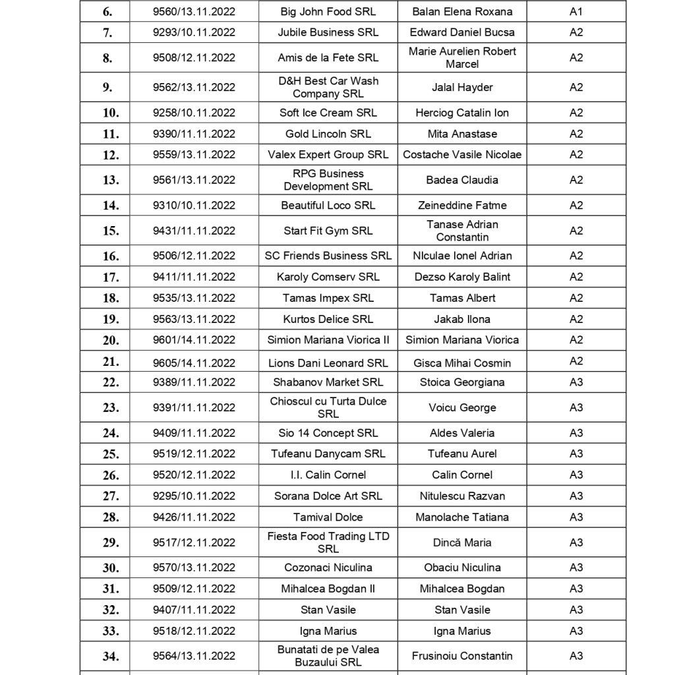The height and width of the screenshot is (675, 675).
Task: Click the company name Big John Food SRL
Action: (x=328, y=11)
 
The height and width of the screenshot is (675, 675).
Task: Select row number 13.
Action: (x=111, y=180)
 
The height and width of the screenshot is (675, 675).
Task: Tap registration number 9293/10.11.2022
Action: (x=194, y=32)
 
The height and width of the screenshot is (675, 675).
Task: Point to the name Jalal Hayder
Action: (x=462, y=87)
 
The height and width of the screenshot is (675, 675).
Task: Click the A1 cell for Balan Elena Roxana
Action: (x=576, y=11)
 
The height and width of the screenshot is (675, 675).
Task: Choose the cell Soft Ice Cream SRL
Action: (x=328, y=113)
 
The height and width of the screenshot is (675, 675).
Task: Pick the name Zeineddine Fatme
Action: (x=462, y=205)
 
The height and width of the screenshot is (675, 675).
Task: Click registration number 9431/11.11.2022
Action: (x=194, y=231)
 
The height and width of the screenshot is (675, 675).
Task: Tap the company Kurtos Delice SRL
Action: (x=328, y=319)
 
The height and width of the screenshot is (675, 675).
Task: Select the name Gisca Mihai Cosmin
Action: (x=462, y=363)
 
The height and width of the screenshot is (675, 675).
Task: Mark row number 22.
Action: (x=111, y=382)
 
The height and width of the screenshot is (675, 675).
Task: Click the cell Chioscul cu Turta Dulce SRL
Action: (x=328, y=407)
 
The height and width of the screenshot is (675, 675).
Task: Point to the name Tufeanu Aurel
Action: (x=462, y=454)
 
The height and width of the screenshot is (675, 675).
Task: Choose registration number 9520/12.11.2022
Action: (x=194, y=475)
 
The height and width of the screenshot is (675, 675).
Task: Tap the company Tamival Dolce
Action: (x=328, y=517)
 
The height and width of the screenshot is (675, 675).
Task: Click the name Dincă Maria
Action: (x=462, y=543)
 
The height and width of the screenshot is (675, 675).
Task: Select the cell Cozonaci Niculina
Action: (x=328, y=568)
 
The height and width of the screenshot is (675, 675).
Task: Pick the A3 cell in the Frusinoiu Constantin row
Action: (x=576, y=656)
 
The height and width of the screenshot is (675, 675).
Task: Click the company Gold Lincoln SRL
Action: (x=328, y=134)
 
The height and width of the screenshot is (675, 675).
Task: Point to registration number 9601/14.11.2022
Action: (x=194, y=340)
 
